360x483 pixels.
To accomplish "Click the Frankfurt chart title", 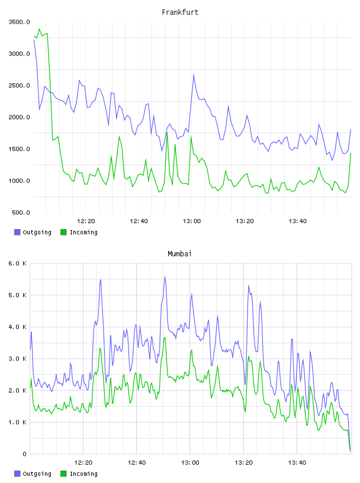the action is [180, 12].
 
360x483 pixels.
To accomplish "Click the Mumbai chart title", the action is [179, 254].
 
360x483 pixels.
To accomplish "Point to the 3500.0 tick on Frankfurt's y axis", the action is [19, 22].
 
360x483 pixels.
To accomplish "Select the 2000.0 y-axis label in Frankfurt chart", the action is [19, 117].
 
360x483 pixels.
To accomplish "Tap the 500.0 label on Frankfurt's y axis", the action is [21, 212].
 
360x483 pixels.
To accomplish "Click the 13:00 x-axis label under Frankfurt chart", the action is [192, 221].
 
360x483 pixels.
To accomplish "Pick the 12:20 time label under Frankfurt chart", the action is [86, 221].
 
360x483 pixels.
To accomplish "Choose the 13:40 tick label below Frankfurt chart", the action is [297, 221].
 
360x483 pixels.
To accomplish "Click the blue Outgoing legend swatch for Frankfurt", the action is [17, 232].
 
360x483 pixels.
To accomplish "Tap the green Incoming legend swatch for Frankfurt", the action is [63, 232].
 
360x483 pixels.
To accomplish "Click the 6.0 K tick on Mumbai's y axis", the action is [18, 263].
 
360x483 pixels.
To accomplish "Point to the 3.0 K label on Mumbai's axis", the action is [18, 359].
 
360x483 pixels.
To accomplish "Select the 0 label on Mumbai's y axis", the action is [24, 454].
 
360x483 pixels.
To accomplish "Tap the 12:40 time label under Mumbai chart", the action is [137, 463].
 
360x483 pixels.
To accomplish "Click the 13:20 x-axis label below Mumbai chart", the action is [244, 463].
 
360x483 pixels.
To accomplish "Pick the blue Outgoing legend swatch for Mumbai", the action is [17, 474].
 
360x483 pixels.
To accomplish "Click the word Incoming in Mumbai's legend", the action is [83, 474].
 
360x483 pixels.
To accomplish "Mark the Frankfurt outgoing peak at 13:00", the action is [194, 74].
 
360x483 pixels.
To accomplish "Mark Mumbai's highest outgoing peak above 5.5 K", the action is [165, 276].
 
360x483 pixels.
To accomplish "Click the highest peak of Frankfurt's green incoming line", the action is [39, 29].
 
